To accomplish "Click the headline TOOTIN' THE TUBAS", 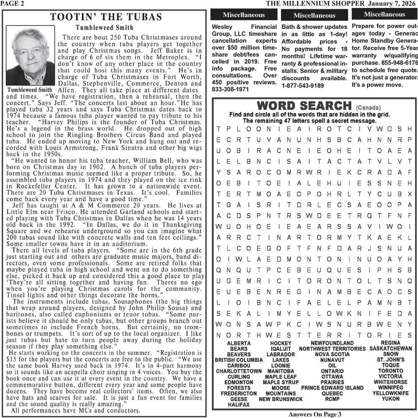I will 106,17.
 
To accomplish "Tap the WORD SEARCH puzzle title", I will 305,105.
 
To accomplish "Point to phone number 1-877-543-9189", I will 303,86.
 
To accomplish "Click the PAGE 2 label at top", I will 12,3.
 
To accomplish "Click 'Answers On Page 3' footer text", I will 315,414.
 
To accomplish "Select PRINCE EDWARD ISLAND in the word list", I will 332,388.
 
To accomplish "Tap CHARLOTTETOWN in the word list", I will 239,371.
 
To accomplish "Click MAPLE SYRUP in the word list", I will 280,382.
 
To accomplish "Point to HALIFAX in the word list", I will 239,405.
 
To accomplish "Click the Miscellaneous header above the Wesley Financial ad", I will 244,15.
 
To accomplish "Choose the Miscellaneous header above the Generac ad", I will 384,15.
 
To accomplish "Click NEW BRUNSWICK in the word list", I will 280,399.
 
